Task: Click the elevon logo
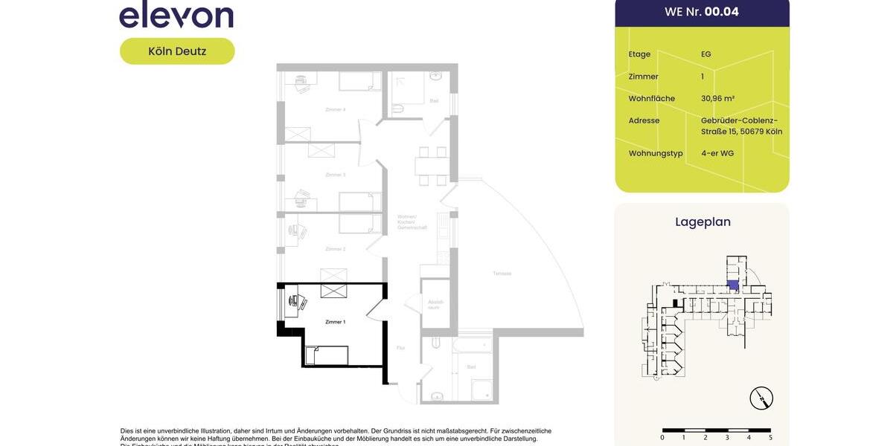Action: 176,15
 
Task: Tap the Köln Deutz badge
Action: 177,51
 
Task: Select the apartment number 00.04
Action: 721,12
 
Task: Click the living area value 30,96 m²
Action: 717,98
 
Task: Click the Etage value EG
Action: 705,54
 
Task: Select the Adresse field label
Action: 644,120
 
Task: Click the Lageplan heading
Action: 702,222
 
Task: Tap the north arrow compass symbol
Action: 761,398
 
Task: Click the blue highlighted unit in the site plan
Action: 733,285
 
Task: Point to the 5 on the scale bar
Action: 770,438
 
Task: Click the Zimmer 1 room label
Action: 335,322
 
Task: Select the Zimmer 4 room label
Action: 335,109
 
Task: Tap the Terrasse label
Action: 502,274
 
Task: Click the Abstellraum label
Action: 435,305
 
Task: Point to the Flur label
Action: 400,348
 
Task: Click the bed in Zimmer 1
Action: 327,355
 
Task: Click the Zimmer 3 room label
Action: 335,175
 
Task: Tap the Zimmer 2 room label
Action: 335,249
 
